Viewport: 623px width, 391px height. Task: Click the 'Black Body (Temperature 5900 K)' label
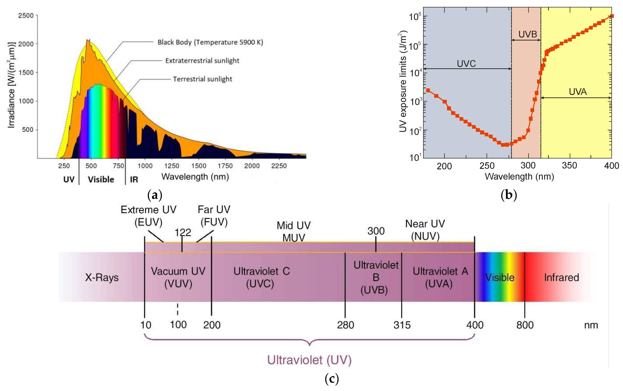click(x=210, y=42)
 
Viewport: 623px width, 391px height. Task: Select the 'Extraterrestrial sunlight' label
click(x=202, y=61)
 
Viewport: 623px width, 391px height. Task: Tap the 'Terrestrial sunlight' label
click(x=202, y=79)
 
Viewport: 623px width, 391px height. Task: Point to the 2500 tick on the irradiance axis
click(x=26, y=16)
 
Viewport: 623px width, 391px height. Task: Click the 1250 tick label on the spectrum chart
click(x=172, y=166)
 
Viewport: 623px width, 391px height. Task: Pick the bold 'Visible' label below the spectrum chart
click(x=101, y=179)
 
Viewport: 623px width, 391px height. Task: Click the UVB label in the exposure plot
click(x=528, y=34)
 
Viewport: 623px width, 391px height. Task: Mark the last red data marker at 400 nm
click(x=612, y=16)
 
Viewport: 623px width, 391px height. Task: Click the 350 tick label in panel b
click(x=569, y=166)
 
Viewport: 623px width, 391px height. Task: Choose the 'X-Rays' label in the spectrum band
click(x=102, y=278)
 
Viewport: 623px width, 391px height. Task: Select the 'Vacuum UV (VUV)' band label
click(x=178, y=278)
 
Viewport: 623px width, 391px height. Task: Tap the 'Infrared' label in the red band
click(x=561, y=278)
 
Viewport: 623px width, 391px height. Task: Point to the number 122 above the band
click(x=183, y=233)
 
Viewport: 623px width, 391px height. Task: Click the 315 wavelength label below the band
click(x=402, y=325)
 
